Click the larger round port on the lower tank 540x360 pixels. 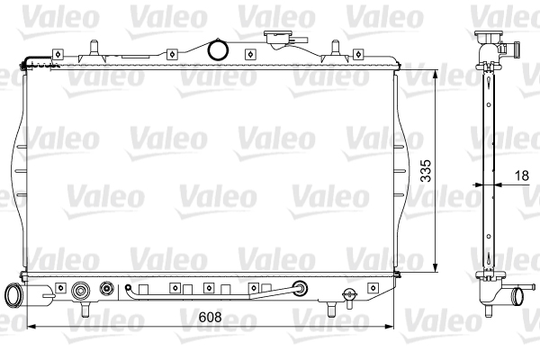82,291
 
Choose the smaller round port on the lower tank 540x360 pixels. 107,290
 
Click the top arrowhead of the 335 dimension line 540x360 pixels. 436,71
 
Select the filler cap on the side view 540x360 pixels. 489,37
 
